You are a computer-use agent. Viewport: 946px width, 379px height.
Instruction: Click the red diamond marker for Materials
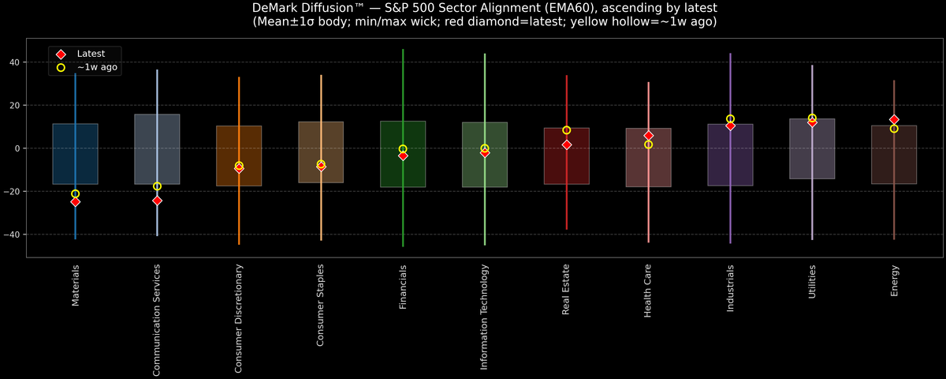click(x=75, y=202)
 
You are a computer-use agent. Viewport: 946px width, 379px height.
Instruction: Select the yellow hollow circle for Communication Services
click(x=157, y=186)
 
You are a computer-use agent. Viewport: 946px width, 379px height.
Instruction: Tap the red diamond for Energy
click(x=894, y=120)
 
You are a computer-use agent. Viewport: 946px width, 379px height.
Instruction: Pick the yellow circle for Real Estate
click(x=566, y=130)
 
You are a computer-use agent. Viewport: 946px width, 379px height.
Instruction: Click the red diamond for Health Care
click(x=648, y=136)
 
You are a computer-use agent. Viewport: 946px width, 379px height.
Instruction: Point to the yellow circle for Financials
click(x=403, y=149)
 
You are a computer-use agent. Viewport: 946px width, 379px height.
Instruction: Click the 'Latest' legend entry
click(x=90, y=53)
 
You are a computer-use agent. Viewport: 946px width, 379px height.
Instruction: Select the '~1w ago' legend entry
click(x=97, y=68)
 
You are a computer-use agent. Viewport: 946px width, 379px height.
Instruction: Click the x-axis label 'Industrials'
click(x=730, y=288)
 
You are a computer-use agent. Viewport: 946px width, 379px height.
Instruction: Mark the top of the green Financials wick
click(x=403, y=50)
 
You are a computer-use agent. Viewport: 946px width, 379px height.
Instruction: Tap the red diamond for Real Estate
click(x=566, y=144)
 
